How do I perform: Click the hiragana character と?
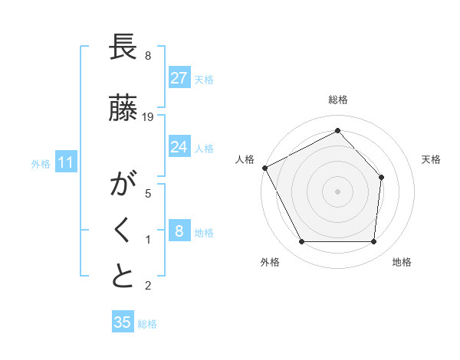[123, 277]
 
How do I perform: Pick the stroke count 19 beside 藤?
[148, 117]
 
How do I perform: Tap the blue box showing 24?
[179, 147]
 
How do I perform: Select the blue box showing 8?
[179, 231]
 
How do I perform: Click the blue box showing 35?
[122, 322]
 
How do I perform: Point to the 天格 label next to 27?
[204, 79]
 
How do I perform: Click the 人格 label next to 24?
[204, 149]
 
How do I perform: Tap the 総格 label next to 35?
[147, 324]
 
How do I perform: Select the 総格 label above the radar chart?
[337, 100]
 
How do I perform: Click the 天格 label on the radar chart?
[431, 159]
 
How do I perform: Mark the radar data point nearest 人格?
[264, 167]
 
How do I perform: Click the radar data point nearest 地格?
[373, 242]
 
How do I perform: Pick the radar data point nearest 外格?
[301, 242]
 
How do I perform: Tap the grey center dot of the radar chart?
[337, 191]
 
